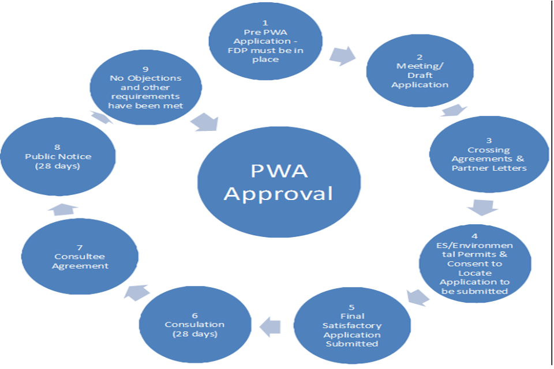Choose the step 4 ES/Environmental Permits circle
474,263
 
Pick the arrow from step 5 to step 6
270,327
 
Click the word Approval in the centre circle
278,193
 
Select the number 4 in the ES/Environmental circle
474,236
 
